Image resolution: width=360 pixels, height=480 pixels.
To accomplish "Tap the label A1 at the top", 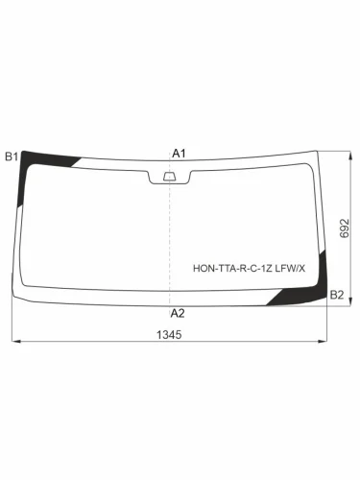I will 179,154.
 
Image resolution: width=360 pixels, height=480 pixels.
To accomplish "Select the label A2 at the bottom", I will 178,313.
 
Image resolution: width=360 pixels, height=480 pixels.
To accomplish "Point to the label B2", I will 337,294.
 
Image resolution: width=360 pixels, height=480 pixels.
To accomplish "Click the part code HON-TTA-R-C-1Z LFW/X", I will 249,268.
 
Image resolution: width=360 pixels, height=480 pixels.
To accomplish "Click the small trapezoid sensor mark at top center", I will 169,176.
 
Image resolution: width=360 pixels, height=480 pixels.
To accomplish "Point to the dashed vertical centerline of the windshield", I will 170,240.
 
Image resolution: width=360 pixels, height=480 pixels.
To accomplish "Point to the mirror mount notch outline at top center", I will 169,173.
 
